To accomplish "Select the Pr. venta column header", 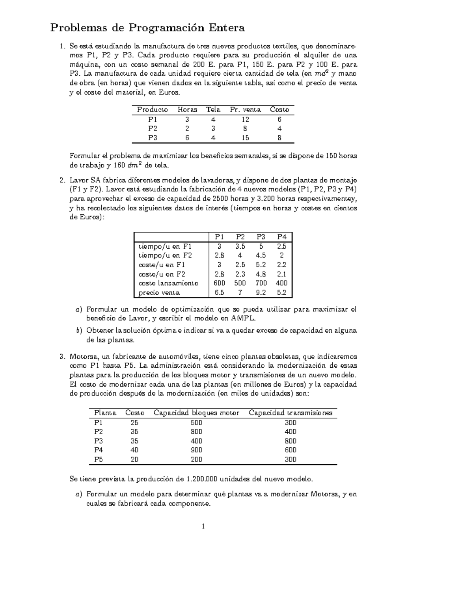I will [245, 110].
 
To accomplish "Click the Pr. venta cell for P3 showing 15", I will [245, 138].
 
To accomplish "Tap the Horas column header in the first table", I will [187, 110].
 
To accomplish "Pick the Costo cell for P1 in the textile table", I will [279, 119].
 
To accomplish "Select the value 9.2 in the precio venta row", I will [261, 293].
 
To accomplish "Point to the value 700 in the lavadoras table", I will [261, 283].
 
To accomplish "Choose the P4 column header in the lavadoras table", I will [281, 237].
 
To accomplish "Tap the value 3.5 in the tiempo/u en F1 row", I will [240, 246].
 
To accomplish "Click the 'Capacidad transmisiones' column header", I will [291, 413].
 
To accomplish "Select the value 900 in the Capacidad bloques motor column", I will [196, 450].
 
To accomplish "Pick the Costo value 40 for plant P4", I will [134, 450].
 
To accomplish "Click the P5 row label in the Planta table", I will [99, 459].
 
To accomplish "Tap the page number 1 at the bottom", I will [203, 526].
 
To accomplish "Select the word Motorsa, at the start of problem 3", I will [84, 357].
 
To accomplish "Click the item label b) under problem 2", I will [79, 331].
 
